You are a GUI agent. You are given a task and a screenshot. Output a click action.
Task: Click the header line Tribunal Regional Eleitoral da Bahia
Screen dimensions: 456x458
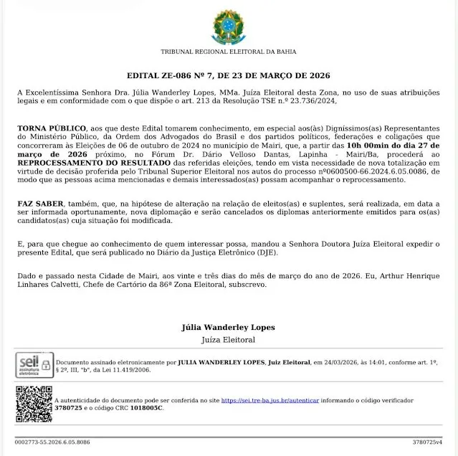228,52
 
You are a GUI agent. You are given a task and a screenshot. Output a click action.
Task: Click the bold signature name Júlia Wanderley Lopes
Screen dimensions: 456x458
228,328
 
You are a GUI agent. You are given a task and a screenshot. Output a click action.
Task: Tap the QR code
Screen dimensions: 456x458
34,404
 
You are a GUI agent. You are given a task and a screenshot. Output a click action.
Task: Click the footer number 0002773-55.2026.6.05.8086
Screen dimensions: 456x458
52,442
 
